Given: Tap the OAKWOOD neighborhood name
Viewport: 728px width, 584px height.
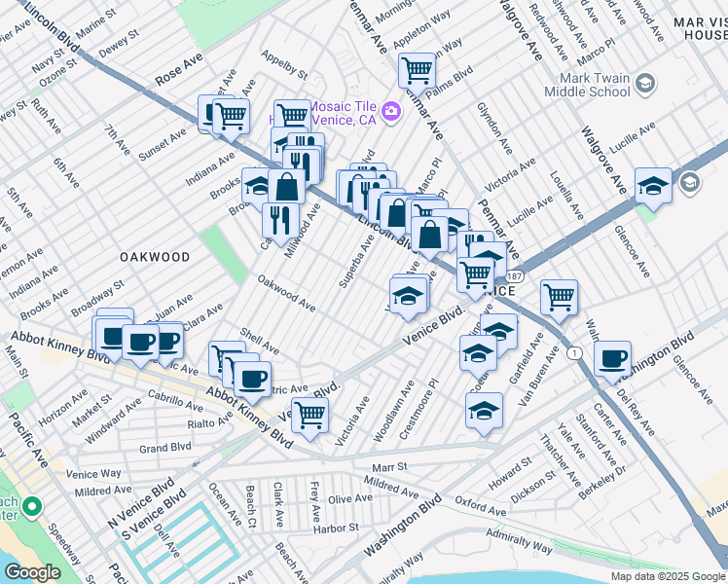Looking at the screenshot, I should (155, 257).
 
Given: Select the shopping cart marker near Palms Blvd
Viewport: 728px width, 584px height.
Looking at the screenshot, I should (417, 69).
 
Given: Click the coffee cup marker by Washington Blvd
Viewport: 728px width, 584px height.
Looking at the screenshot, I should (612, 358).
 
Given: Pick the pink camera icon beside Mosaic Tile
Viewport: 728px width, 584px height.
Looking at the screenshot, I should (391, 112).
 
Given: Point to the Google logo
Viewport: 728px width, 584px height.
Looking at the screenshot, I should (32, 572).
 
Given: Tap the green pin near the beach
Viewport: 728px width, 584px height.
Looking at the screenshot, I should (31, 507).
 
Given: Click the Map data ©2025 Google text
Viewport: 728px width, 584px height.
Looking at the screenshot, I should (669, 576).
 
